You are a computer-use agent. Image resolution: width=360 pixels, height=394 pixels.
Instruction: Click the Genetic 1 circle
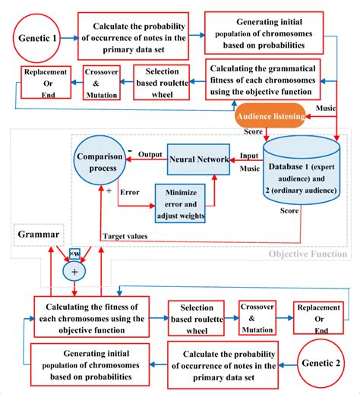pyautogui.click(x=37, y=35)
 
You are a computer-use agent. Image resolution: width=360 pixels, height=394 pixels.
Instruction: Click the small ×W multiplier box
pyautogui.click(x=74, y=252)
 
